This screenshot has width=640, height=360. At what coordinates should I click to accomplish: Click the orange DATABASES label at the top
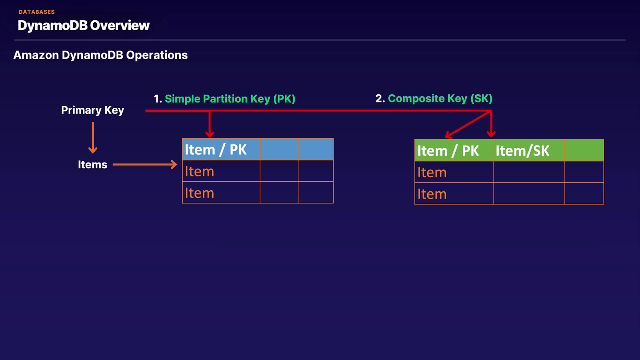coord(37,12)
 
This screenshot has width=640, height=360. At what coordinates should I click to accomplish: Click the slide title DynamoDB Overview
coord(84,25)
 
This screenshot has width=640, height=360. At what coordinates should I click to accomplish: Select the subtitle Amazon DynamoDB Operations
coord(100,55)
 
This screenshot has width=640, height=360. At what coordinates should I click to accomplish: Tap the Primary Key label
coord(93,110)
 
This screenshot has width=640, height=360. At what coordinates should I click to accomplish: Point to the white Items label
coord(93,165)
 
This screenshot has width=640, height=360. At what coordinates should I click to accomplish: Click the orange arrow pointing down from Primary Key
coord(93,138)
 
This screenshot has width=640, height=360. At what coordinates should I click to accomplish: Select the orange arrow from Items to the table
coord(145,165)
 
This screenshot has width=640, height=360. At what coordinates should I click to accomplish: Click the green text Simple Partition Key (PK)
coord(230,99)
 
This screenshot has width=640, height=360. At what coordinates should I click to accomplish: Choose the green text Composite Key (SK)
coord(440,98)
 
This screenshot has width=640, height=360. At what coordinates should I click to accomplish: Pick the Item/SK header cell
coord(529,151)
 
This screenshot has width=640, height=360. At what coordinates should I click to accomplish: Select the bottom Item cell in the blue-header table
coord(221,193)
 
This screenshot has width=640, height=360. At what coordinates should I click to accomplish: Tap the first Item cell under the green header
coord(454,172)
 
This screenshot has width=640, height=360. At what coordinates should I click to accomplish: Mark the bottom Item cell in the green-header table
coord(454,194)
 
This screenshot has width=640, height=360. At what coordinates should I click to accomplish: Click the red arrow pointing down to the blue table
coord(210,124)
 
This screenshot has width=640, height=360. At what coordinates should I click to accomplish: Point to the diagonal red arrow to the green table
coord(468,124)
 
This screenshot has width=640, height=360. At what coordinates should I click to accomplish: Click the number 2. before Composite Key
coord(380,98)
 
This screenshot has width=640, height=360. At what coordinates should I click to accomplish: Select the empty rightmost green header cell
coord(584,151)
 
